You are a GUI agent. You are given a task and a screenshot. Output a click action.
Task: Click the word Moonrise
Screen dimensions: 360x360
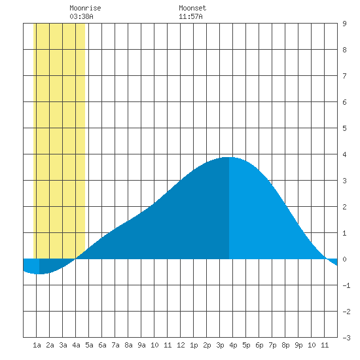coord(85,8)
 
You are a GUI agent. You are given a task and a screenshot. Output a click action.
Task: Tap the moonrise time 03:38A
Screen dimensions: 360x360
coord(81,16)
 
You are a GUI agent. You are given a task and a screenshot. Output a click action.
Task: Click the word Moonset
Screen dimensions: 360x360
coord(192,8)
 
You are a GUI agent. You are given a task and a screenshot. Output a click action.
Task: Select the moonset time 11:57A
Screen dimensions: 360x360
coord(190,16)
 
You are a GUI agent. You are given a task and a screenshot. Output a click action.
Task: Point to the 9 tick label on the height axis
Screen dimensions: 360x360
coord(344,24)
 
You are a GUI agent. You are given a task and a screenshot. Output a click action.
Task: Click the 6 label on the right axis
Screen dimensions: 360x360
coord(344,102)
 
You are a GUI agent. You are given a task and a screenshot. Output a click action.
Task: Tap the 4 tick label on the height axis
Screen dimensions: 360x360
coord(344,154)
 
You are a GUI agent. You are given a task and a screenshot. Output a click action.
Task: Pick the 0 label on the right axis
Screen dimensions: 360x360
coord(344,259)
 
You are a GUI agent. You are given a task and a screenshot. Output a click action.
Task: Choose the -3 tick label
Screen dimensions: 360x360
coord(346,338)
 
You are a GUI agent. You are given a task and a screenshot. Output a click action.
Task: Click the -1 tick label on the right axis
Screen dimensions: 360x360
coord(346,285)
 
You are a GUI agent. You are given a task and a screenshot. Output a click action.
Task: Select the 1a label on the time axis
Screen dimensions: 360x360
coord(37,345)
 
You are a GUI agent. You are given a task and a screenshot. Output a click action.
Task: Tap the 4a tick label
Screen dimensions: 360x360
coord(76,345)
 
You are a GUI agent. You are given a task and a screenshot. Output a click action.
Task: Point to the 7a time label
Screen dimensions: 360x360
coord(115,345)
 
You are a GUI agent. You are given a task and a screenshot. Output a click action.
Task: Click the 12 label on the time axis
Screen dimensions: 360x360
coord(181,345)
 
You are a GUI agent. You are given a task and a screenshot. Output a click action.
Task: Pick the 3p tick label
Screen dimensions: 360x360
coord(220,345)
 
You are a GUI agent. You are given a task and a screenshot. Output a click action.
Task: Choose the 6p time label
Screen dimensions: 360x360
coord(259,345)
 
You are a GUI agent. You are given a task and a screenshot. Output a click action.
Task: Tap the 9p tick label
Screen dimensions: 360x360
coord(298,345)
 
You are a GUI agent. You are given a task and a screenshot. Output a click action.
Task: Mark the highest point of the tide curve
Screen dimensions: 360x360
coord(229,157)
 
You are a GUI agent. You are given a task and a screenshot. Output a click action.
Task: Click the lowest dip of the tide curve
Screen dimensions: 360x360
coord(39,274)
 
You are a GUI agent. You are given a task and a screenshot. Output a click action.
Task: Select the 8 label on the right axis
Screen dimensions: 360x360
coord(344,50)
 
